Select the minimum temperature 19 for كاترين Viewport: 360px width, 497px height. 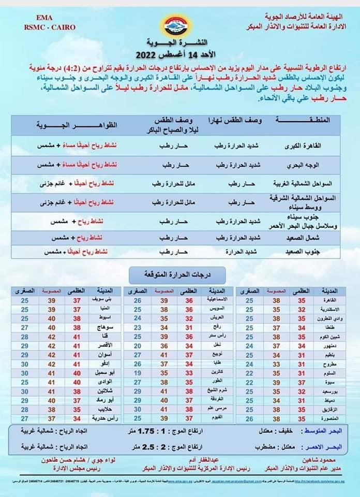[138, 372]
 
